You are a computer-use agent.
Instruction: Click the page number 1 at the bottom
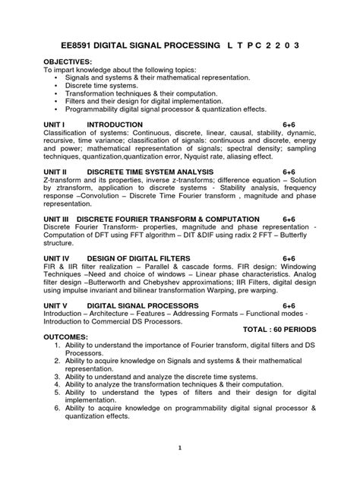(180, 448)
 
